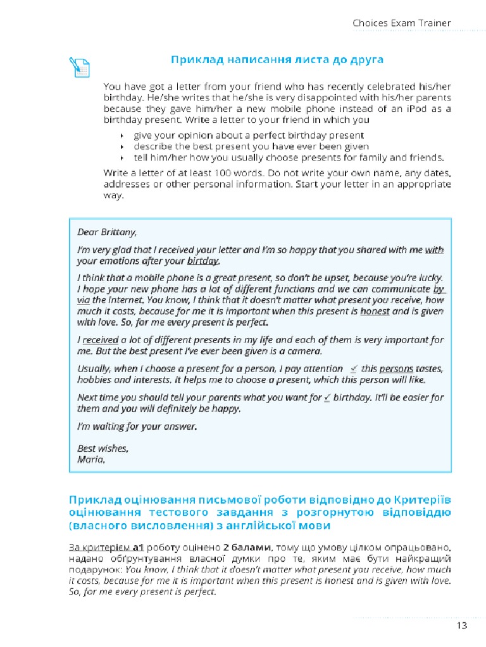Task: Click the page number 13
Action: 461,625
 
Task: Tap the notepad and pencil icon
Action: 80,66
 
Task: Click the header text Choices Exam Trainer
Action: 402,23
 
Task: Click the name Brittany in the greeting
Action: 118,231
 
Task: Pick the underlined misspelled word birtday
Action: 204,260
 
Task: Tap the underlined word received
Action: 101,340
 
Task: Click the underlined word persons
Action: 396,369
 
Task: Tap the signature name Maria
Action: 91,459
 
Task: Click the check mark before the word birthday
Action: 327,397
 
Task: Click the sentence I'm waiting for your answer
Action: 137,426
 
